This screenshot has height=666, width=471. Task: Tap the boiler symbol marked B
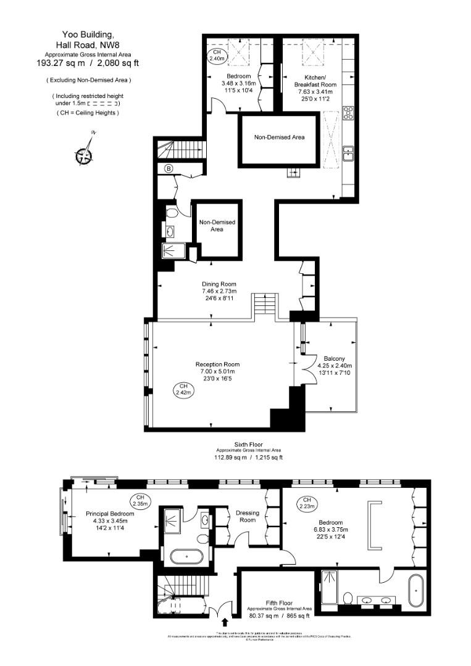coord(168,168)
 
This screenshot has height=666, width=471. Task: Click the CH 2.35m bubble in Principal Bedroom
coord(140,500)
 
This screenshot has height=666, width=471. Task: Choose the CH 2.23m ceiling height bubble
coord(306,503)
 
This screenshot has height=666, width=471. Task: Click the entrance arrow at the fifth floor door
coord(224,623)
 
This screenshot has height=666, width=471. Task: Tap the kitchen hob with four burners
coord(348,113)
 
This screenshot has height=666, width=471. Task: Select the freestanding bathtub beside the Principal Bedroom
coord(190,557)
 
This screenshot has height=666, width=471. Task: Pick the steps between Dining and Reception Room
coord(264,305)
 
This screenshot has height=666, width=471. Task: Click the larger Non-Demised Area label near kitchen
coord(279,137)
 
